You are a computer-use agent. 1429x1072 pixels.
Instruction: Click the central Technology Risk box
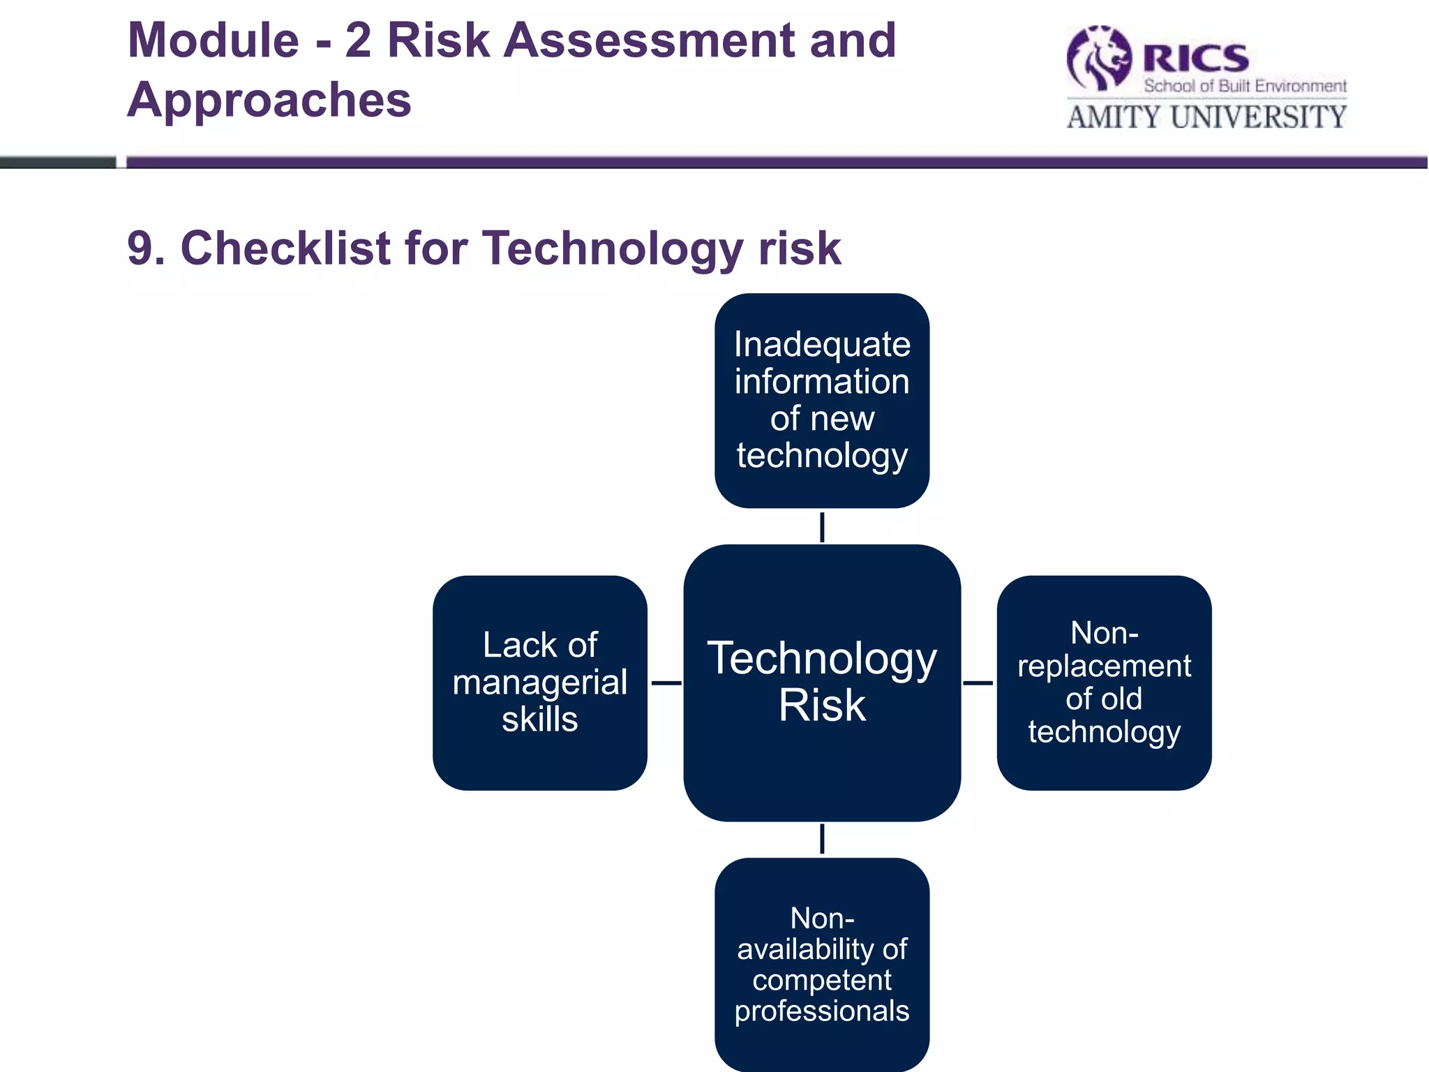(x=822, y=682)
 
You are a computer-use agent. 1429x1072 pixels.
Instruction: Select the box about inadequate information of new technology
(x=822, y=400)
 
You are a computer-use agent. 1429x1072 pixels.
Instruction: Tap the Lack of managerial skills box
(x=539, y=682)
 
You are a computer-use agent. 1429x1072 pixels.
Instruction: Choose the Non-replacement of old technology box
(x=1104, y=682)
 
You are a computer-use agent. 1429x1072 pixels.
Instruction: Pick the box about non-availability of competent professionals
(x=822, y=964)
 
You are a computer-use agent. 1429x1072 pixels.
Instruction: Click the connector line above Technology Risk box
(x=822, y=527)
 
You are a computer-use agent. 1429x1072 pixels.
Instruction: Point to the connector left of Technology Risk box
(x=666, y=683)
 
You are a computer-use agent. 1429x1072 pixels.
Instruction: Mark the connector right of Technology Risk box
(x=978, y=683)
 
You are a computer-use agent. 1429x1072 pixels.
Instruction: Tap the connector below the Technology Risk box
(x=822, y=838)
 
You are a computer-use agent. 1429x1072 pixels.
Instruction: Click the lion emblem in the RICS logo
(x=1099, y=59)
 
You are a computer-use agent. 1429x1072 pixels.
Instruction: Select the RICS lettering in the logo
(x=1195, y=59)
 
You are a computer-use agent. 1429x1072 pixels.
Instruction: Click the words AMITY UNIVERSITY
(x=1206, y=117)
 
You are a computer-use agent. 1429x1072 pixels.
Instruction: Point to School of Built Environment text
(x=1245, y=86)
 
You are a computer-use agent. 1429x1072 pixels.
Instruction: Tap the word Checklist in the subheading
(x=285, y=248)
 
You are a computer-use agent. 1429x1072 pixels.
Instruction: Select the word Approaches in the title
(x=269, y=100)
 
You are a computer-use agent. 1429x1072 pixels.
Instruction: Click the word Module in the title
(x=214, y=40)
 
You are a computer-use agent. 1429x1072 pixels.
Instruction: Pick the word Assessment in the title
(x=650, y=40)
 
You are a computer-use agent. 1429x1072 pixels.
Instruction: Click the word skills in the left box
(x=539, y=719)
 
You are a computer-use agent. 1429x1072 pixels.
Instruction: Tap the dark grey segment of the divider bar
(x=57, y=163)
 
